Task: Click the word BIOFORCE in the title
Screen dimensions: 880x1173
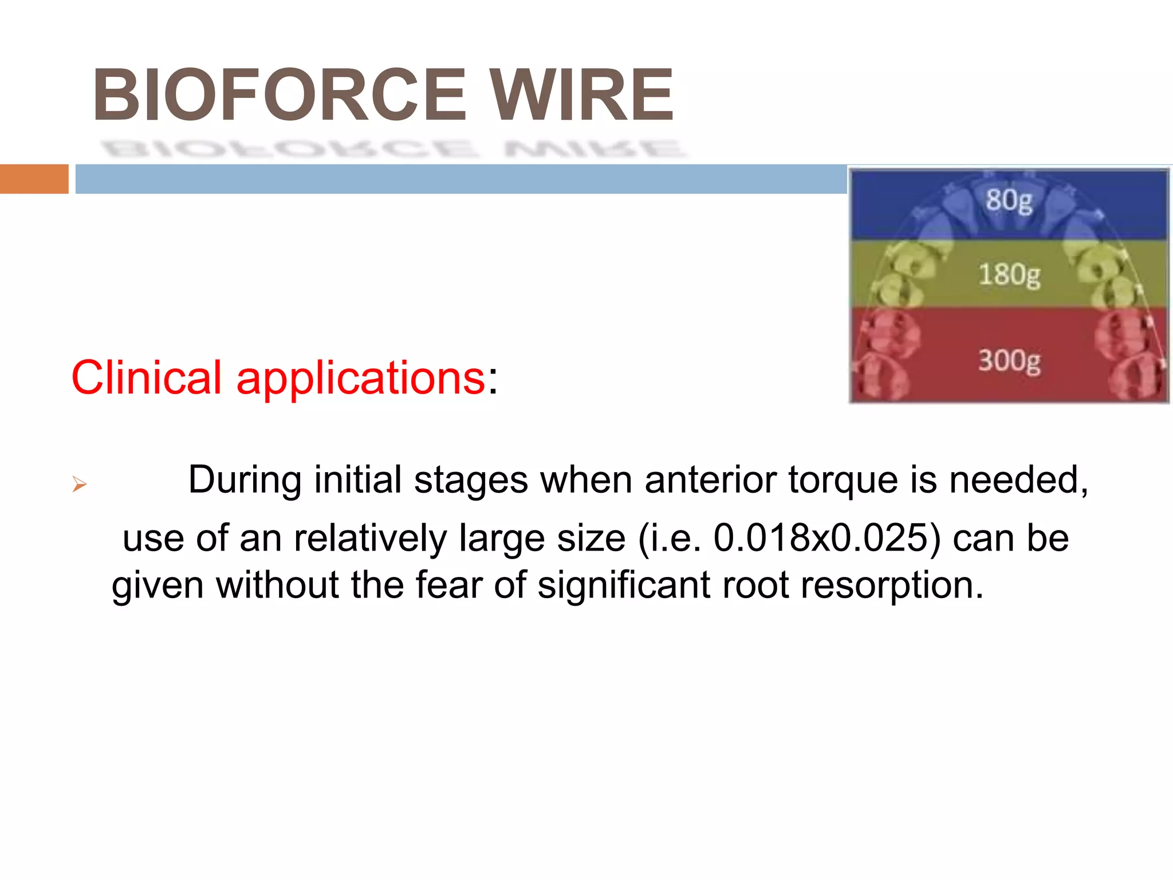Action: click(280, 95)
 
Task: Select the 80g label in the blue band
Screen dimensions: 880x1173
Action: click(1009, 201)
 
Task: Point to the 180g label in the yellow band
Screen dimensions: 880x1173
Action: click(1009, 275)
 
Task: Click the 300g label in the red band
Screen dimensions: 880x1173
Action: click(1009, 361)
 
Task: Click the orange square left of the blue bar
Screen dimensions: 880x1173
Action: click(34, 179)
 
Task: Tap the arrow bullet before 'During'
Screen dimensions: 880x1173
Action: click(79, 485)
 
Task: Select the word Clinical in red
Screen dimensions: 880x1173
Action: click(146, 378)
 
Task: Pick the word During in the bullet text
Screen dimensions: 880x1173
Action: click(245, 480)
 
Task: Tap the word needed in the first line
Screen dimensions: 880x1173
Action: click(1018, 480)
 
